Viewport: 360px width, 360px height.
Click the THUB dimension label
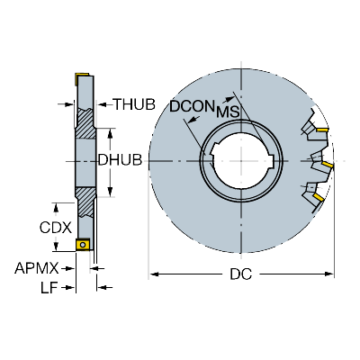tap(134, 104)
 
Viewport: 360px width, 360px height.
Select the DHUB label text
tap(120, 160)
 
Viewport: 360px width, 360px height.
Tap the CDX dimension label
tap(56, 228)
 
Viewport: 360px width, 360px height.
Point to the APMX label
tap(37, 268)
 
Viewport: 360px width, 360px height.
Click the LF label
tap(49, 288)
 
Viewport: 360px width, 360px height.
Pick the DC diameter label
tap(241, 274)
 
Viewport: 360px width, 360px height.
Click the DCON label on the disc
tap(192, 106)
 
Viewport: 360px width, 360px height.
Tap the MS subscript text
tap(228, 112)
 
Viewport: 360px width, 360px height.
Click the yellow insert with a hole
tap(82, 244)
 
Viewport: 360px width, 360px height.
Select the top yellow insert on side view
tap(82, 75)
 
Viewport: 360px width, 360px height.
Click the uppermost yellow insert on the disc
tap(322, 130)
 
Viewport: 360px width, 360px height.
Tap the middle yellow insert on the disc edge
tap(328, 165)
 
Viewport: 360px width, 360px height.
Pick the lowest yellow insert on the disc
tap(319, 197)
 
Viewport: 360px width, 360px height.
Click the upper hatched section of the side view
tap(85, 123)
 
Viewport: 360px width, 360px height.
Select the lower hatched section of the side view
tap(85, 202)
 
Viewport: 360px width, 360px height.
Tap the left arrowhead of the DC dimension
tap(154, 274)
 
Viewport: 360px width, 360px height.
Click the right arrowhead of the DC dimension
tap(329, 274)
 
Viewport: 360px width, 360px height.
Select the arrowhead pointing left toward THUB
tap(103, 104)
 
